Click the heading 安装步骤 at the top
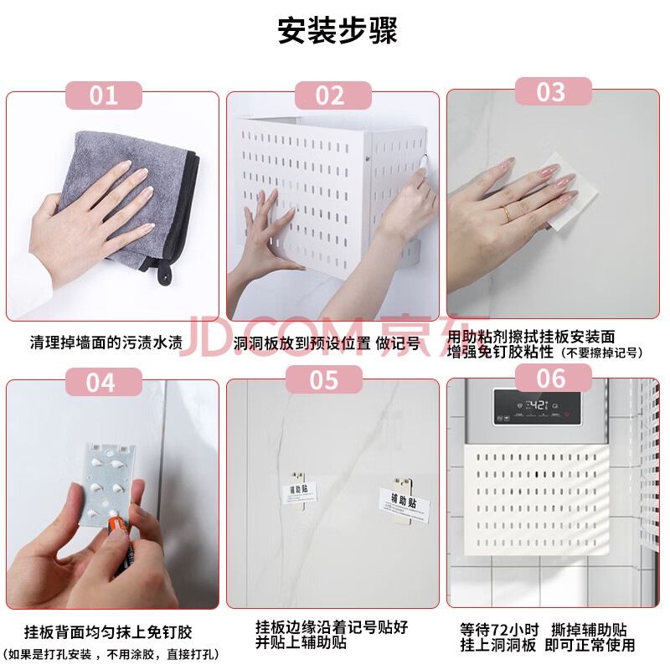coord(338,31)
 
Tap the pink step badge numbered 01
coord(103,95)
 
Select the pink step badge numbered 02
coord(332,95)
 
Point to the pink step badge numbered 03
coord(554,91)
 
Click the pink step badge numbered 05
coord(324,379)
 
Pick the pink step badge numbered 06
coord(554,378)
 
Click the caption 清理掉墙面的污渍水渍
coord(106,343)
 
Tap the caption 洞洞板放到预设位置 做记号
coord(327,343)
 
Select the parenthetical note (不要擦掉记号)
coord(601,353)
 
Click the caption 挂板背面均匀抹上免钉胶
coord(108,632)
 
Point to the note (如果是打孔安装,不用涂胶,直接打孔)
coord(112,654)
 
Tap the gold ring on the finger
coord(507,213)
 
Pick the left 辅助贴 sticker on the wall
coord(299,492)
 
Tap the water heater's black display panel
coord(537,407)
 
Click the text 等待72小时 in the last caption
coord(499,631)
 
